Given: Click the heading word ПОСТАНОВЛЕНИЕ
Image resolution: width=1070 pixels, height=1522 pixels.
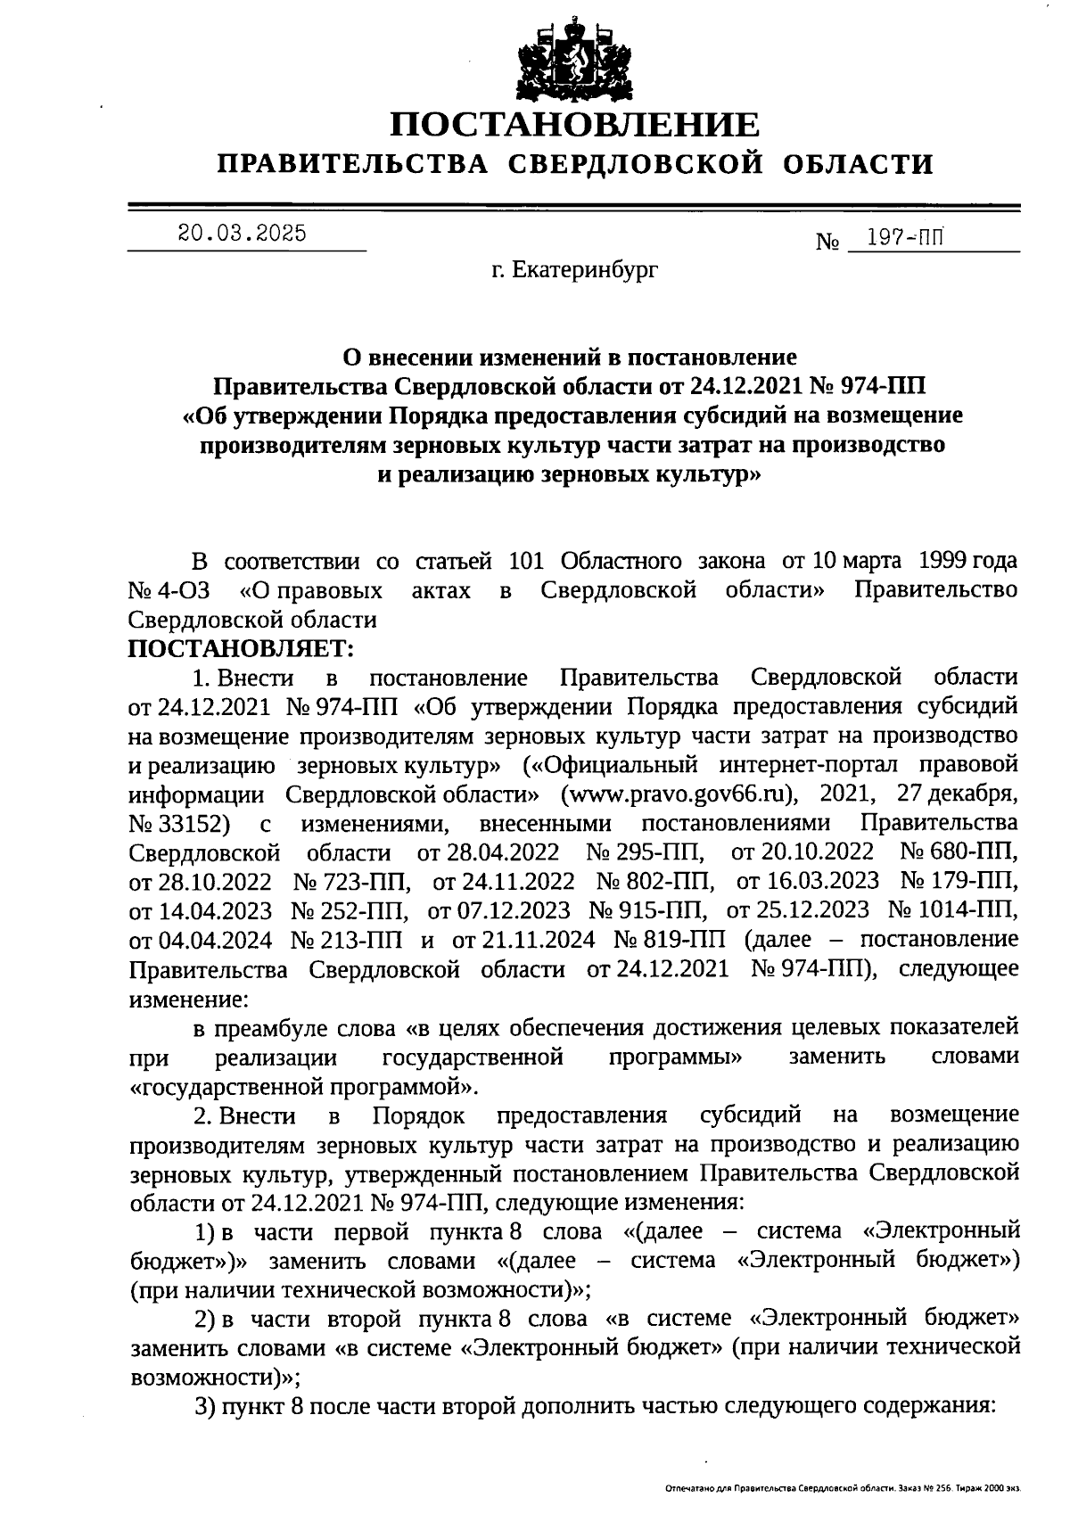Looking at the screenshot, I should [575, 125].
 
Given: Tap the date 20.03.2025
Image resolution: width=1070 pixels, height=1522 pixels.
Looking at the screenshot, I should [242, 234].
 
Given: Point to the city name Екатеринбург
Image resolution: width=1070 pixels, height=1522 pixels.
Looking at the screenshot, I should [586, 269].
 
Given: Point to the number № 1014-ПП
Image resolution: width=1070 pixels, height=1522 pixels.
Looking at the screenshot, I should [952, 909].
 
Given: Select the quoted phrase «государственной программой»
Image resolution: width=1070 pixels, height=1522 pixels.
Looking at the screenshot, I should [304, 1086].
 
